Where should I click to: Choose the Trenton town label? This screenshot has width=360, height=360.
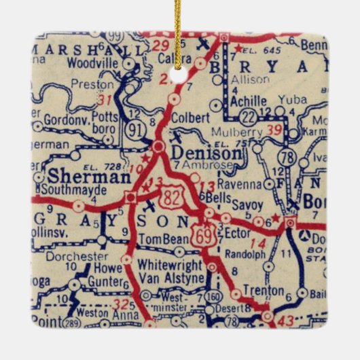pyautogui.click(x=264, y=291)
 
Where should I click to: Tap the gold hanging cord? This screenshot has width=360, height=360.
pyautogui.click(x=179, y=31)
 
